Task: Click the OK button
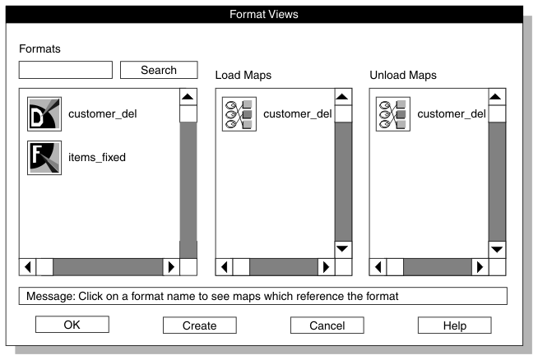(72, 325)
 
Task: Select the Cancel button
(327, 325)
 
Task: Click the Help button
(454, 325)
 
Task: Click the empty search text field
(66, 70)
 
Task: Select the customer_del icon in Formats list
(44, 114)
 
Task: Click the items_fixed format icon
(44, 157)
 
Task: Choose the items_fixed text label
(97, 157)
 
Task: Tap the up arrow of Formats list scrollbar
(188, 97)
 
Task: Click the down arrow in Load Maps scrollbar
(343, 248)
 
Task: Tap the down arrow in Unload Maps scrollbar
(496, 248)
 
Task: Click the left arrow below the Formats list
(28, 266)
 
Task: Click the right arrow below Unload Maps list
(479, 266)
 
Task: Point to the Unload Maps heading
(403, 75)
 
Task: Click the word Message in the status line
(49, 296)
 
